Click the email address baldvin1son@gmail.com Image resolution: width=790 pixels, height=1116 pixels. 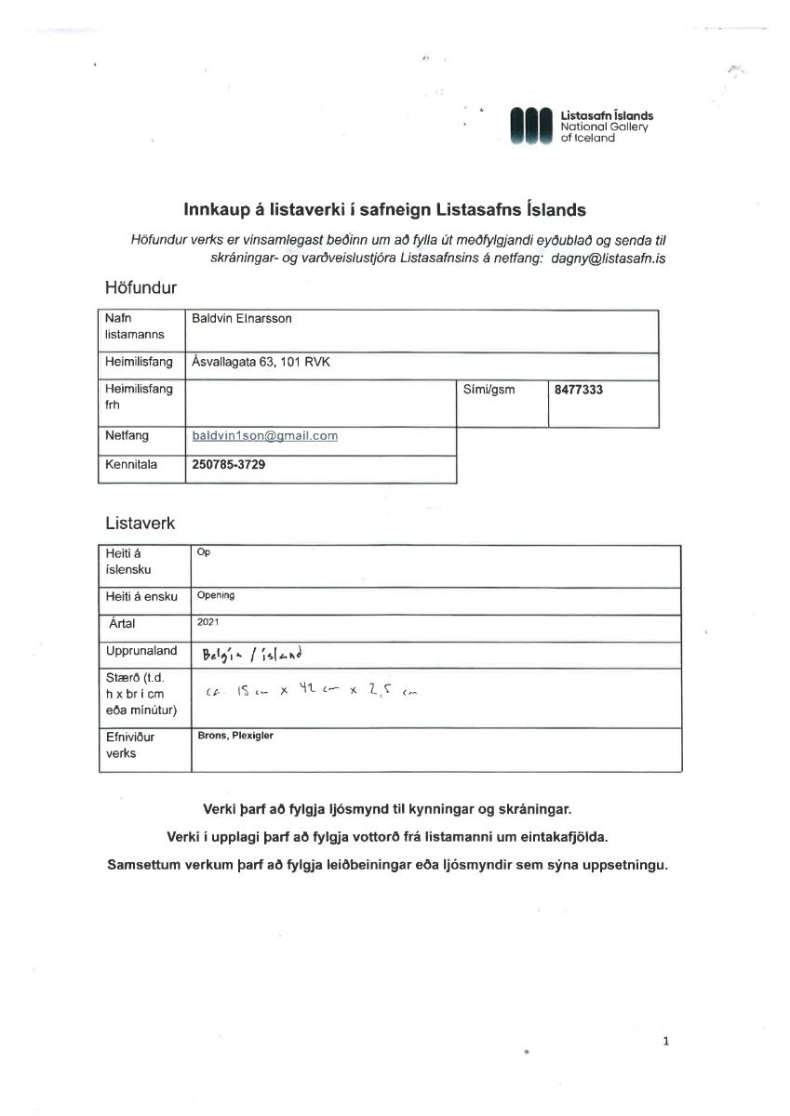click(264, 435)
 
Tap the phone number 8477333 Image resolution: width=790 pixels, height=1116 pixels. click(578, 390)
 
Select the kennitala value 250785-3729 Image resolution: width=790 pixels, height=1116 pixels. click(228, 464)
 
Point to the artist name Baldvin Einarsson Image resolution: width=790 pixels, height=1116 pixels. click(241, 318)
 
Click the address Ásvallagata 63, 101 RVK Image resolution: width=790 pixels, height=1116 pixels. click(261, 363)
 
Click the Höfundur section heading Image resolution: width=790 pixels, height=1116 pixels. click(141, 288)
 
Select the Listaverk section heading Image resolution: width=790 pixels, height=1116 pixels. click(141, 524)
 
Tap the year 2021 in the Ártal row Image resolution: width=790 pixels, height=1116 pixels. click(208, 622)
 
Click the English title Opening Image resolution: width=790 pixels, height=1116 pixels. click(216, 595)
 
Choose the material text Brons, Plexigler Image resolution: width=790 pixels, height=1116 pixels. click(235, 736)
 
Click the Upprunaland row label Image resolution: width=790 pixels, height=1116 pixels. click(141, 651)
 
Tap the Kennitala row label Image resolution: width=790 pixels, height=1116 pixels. click(131, 464)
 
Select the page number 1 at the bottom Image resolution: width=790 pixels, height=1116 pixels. click(666, 1042)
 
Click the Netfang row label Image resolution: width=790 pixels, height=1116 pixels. click(127, 435)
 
